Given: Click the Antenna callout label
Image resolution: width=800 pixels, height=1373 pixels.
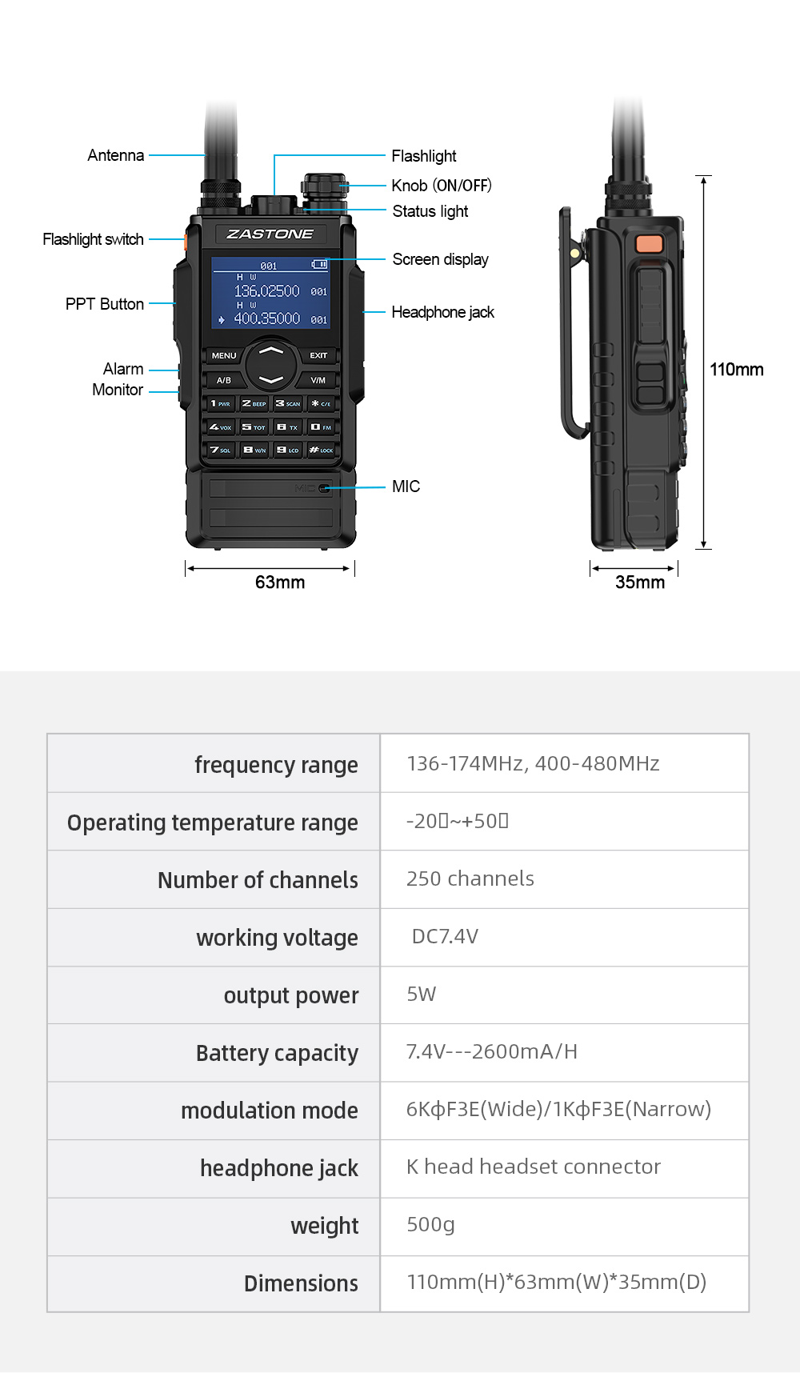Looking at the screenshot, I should click(x=116, y=155).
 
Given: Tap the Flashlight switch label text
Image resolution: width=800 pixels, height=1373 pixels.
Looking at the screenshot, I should click(x=93, y=239).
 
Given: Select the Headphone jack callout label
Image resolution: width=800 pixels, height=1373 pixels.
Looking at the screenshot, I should click(x=442, y=312).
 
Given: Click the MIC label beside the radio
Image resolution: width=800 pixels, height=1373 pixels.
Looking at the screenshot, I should click(x=406, y=486).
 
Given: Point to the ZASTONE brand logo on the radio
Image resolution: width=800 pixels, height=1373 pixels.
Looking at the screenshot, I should click(x=270, y=234).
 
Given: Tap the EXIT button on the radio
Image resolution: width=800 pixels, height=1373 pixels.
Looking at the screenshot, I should click(x=318, y=355).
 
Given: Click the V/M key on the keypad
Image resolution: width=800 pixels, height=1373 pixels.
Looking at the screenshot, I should click(x=318, y=380).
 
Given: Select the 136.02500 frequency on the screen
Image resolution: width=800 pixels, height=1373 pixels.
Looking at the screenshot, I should click(x=266, y=291).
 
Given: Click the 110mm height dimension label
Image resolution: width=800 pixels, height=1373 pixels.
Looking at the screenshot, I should click(x=736, y=370).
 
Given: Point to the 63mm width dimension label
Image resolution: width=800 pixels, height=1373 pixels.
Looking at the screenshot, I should click(x=280, y=582).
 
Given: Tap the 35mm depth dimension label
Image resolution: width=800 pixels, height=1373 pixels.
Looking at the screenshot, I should click(x=640, y=582).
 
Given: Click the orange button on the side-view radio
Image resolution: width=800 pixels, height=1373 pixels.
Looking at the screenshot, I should click(x=649, y=244).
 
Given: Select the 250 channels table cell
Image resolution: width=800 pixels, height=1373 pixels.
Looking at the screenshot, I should click(x=470, y=879).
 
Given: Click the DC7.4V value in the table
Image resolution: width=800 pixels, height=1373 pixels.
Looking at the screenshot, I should click(x=445, y=936).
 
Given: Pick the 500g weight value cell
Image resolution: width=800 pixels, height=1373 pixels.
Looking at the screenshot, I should click(x=430, y=1224).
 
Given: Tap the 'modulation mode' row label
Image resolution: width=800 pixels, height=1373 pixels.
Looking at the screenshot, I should click(x=269, y=1111).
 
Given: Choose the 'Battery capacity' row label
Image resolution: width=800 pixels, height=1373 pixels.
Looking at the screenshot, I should click(x=277, y=1053).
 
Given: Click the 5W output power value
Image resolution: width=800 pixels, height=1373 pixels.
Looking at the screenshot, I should click(x=421, y=994).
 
